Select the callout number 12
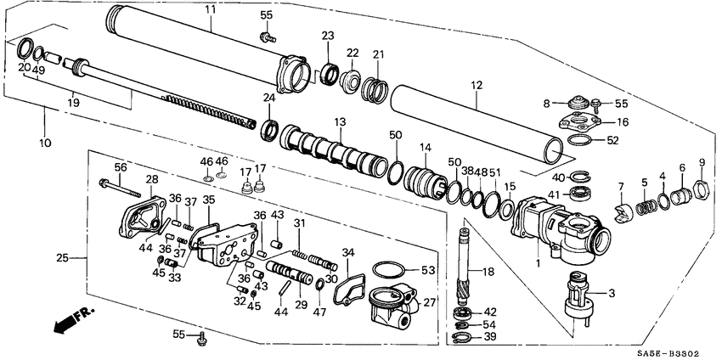pyautogui.click(x=476, y=85)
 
